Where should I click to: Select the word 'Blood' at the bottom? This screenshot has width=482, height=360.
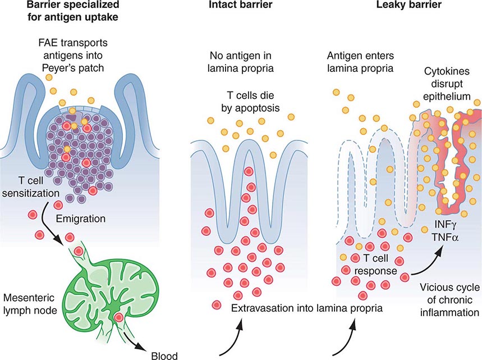[165, 355]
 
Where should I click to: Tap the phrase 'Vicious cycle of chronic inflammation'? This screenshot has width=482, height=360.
[447, 300]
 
